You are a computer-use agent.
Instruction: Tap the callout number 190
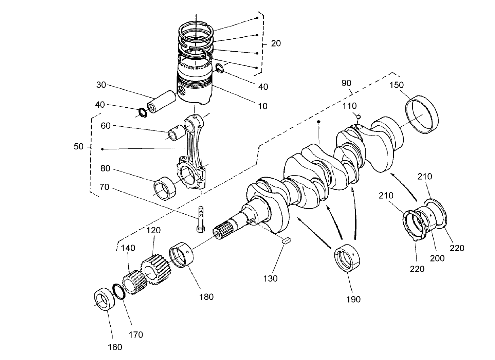(353, 299)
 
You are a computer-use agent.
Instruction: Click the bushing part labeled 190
(347, 258)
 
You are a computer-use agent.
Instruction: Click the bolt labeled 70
(201, 220)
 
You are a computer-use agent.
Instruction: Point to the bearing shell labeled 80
(165, 188)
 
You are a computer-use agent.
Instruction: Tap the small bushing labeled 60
(177, 132)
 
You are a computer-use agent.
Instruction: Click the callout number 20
(276, 43)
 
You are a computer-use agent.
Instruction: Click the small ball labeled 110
(358, 117)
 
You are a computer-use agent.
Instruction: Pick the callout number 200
(437, 258)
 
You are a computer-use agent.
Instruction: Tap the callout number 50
(78, 147)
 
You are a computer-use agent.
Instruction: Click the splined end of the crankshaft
(222, 229)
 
